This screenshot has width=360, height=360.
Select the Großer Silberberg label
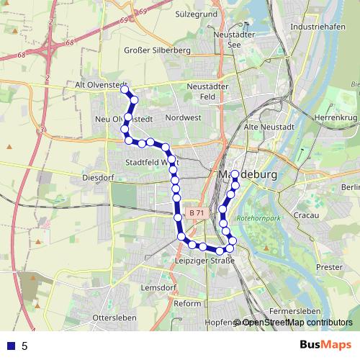click(156, 50)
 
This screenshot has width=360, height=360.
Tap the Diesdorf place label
click(99, 176)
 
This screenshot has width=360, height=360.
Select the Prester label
click(329, 266)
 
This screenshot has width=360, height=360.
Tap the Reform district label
click(187, 303)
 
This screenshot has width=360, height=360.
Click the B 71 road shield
click(197, 214)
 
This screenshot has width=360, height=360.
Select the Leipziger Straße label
click(202, 260)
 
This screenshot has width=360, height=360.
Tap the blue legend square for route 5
click(10, 346)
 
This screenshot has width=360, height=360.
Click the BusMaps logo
click(326, 345)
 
